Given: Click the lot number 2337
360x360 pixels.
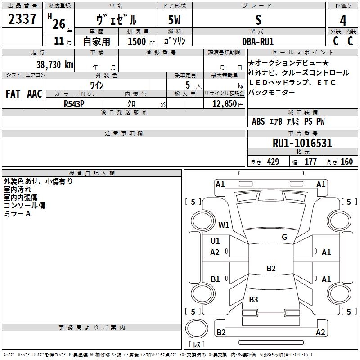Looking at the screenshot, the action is click(22, 19).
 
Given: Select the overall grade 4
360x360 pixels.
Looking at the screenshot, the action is click(343, 20).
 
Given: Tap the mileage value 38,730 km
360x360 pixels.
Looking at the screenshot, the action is click(55, 65).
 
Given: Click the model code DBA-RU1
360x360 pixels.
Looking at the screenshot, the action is click(258, 41).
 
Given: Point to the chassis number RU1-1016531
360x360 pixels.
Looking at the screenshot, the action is click(302, 143).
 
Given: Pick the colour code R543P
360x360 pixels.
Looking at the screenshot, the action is click(74, 104).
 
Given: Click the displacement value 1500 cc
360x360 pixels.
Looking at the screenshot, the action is click(141, 41).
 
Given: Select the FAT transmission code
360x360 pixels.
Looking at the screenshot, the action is click(13, 94).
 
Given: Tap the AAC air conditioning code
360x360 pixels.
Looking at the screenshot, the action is click(35, 94).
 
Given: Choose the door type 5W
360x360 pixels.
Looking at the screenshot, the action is click(174, 20).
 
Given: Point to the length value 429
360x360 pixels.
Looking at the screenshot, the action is click(273, 162).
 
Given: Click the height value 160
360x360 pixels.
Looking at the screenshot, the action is click(346, 162).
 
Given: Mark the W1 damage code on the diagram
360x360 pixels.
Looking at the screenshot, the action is click(224, 225).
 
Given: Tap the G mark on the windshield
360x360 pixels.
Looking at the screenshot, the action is click(284, 237).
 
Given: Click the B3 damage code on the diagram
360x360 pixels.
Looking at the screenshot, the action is click(253, 300).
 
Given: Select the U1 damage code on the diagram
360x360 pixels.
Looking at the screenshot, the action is click(215, 241).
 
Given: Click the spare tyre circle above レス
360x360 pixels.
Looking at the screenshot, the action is click(197, 328).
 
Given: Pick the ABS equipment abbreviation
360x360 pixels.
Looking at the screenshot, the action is click(258, 121).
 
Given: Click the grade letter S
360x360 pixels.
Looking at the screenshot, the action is click(258, 20).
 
